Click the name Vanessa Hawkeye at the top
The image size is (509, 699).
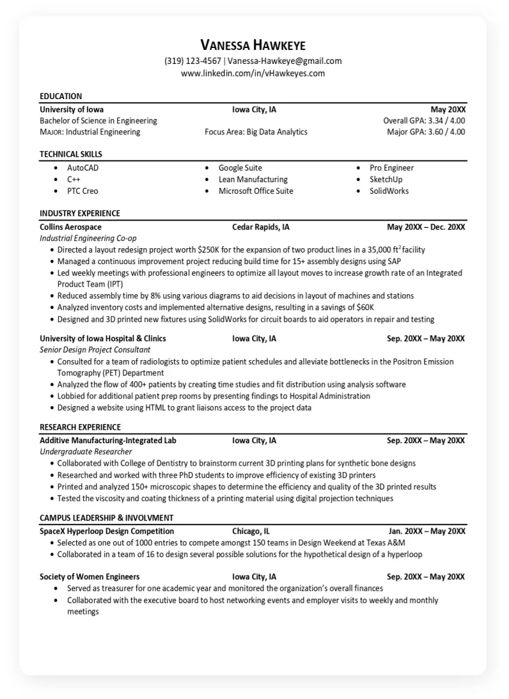click(253, 45)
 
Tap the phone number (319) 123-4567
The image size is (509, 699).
click(193, 61)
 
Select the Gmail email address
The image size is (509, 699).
click(285, 61)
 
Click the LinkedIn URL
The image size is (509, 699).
click(253, 74)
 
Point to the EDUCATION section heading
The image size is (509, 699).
click(61, 97)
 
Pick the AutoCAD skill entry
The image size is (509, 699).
click(83, 168)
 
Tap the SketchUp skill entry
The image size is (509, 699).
click(386, 180)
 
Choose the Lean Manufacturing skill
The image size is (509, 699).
click(253, 180)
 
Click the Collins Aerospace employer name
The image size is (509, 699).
click(70, 227)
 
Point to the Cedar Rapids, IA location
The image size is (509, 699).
click(261, 227)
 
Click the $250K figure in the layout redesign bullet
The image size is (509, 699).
click(208, 250)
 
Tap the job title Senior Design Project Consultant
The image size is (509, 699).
click(95, 350)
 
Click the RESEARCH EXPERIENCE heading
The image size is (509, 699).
click(80, 427)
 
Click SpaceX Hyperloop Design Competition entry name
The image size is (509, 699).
click(107, 531)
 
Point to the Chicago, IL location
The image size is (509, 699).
click(251, 531)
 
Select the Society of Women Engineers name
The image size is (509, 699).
click(90, 577)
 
